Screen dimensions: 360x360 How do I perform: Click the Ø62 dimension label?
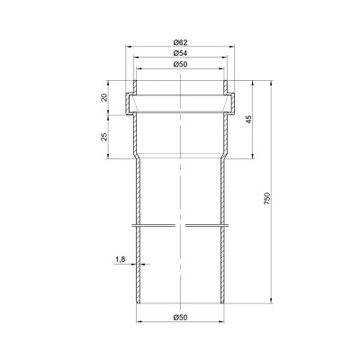coord(180,42)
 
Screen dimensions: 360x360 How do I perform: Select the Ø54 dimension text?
coord(180,53)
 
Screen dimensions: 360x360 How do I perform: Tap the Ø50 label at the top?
coord(180,64)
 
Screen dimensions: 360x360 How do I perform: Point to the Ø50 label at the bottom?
coord(180,317)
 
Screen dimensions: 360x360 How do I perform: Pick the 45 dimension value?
coord(248,120)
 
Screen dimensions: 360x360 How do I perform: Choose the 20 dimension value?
coord(104,97)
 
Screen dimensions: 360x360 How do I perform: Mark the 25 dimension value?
coord(104,137)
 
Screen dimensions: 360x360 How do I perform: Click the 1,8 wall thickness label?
coord(120,259)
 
